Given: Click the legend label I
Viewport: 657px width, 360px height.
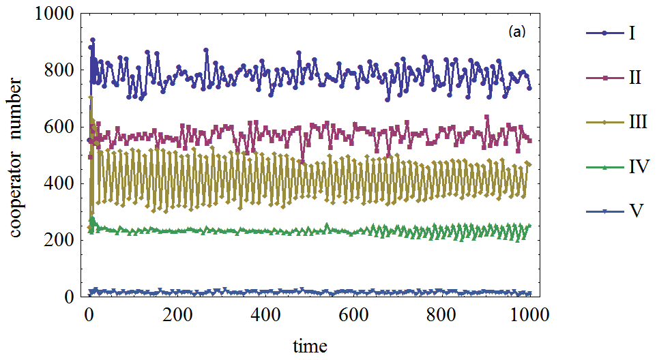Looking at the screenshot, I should coord(632,33).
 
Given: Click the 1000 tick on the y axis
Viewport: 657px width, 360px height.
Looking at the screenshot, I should coord(52,14).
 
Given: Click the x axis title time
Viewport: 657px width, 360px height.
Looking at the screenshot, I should coord(310,346).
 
